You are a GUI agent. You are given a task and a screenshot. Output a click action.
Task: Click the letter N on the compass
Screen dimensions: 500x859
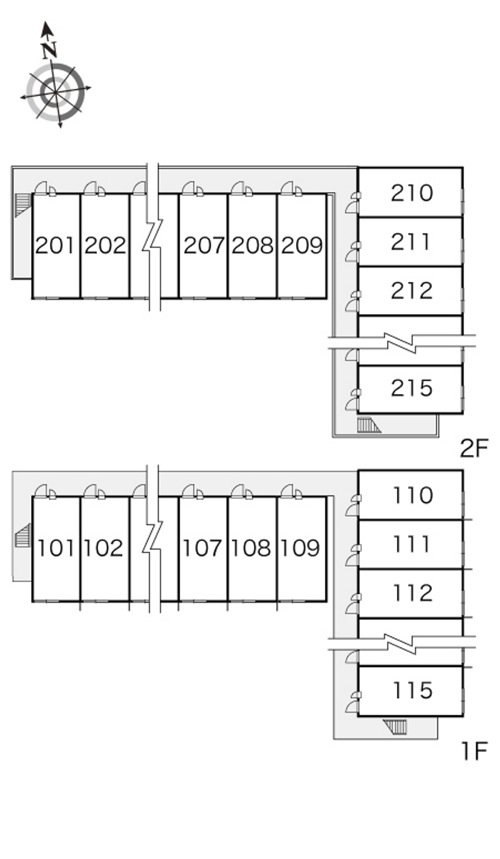(50, 50)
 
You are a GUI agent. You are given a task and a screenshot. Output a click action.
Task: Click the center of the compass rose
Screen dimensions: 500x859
(56, 93)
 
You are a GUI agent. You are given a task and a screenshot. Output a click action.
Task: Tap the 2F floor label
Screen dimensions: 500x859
(474, 448)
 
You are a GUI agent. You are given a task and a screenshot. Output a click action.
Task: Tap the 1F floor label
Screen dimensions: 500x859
(474, 751)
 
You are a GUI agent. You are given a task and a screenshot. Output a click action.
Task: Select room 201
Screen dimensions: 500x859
(56, 246)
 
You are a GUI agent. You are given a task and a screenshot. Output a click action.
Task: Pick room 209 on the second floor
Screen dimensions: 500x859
(302, 246)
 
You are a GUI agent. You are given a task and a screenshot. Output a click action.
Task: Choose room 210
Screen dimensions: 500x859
(411, 193)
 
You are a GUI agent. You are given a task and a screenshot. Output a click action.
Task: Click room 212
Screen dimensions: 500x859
(411, 291)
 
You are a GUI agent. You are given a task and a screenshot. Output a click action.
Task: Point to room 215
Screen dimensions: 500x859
(411, 389)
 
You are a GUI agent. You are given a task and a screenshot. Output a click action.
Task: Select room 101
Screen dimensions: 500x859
(56, 549)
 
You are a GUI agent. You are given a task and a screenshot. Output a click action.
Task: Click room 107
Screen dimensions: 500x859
(203, 549)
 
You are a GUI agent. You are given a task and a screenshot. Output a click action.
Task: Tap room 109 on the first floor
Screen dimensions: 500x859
(302, 549)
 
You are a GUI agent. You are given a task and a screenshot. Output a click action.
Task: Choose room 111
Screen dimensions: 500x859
(411, 544)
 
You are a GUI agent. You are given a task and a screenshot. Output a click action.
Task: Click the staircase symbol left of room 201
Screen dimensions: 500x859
(22, 205)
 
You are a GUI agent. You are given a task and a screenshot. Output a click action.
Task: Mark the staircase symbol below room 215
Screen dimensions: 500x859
(369, 425)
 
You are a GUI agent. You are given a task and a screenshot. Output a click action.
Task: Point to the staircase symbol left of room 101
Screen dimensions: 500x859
(22, 535)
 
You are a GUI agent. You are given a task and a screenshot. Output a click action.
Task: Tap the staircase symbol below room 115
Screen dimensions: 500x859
(395, 727)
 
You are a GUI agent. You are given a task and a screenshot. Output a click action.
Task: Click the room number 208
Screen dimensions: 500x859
(252, 245)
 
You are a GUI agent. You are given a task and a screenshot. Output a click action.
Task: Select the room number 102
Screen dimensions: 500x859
(104, 548)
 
